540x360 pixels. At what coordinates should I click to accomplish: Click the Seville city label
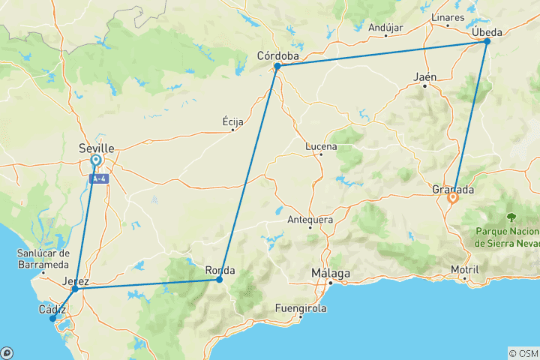97,148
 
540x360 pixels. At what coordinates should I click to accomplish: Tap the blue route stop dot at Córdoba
277,66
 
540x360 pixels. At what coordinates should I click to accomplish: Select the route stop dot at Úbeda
487,41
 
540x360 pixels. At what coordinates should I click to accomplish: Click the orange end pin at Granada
452,199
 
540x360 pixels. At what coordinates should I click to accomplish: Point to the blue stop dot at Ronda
219,280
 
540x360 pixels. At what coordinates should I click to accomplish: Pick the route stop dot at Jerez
75,289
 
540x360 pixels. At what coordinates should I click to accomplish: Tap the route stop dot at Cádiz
52,319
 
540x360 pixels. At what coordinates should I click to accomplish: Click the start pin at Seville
96,160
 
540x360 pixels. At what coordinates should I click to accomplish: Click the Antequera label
310,220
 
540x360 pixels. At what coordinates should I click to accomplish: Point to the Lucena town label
320,146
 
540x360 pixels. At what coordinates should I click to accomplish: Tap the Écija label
233,121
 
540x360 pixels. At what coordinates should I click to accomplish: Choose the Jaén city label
425,76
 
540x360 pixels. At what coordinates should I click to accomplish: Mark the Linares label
448,17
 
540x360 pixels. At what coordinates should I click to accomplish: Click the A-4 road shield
97,179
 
